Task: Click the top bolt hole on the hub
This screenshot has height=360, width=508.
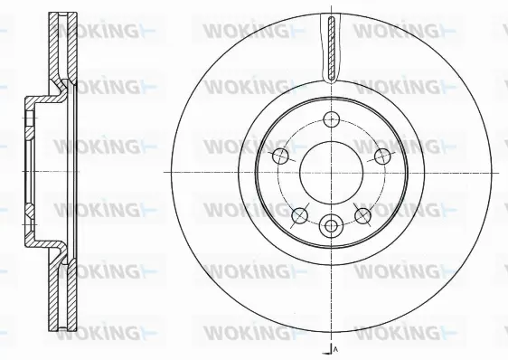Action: click(331, 118)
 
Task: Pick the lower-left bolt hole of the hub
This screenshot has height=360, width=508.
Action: click(299, 213)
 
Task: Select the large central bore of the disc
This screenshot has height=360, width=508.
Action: click(331, 171)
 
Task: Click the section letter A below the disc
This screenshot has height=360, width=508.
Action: click(335, 349)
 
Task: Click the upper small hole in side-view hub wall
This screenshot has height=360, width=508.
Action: click(30, 118)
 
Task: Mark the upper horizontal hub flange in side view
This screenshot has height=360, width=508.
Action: click(41, 94)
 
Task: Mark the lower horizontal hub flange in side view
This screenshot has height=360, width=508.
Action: click(41, 249)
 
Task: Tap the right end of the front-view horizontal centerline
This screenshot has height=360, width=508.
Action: click(503, 171)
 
